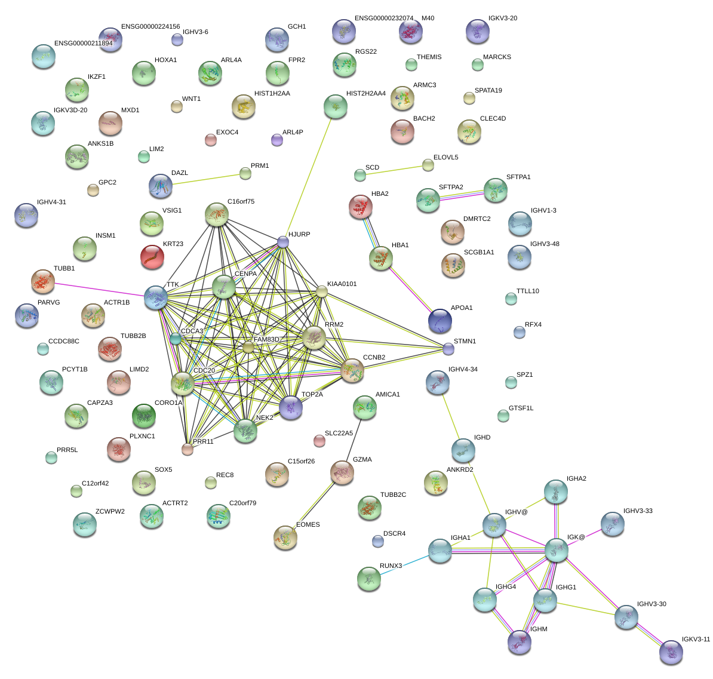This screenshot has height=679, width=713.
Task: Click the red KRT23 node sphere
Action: (152, 257)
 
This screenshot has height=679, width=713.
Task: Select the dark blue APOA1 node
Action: (440, 321)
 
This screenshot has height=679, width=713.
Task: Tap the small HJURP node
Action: (283, 242)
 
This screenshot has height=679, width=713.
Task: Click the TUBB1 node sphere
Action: (43, 281)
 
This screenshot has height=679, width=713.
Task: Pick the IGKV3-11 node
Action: (671, 652)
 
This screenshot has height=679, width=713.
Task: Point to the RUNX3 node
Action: (369, 579)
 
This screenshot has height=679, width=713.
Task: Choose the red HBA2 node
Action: (361, 207)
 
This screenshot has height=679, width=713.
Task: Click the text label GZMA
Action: (362, 460)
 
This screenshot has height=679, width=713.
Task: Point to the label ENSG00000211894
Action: (83, 44)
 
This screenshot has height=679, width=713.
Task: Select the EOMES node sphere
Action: (285, 537)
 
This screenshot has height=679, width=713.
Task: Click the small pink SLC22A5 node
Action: (319, 441)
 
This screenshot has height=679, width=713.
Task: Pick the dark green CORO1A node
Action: (144, 416)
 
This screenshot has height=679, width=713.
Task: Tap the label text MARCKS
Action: (497, 57)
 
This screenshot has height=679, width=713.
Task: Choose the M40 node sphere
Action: (410, 32)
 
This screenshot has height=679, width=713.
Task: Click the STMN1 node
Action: (448, 349)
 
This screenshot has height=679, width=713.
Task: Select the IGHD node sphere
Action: (463, 451)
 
